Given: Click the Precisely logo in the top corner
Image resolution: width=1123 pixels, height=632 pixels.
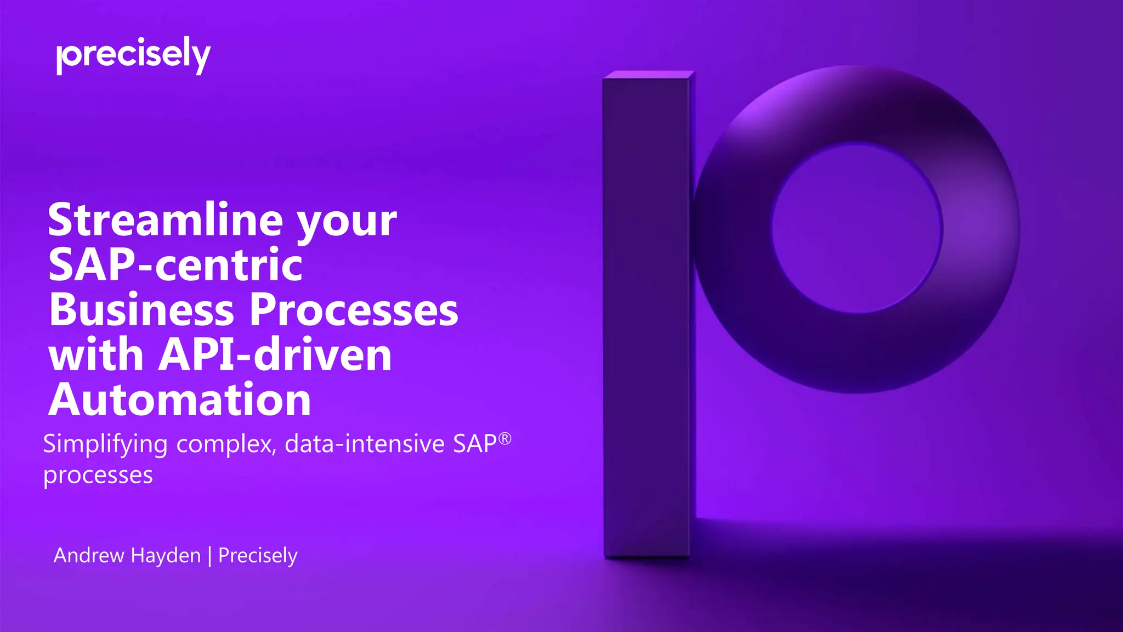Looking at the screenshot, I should pos(133,55).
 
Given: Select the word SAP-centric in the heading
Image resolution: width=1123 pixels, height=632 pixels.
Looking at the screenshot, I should pos(175,264).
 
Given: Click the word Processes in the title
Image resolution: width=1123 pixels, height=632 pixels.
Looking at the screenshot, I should pos(354,309).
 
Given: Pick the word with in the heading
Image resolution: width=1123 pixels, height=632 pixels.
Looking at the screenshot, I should pos(97,354).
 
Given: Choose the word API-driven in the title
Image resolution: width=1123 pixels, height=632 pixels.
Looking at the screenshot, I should pos(275,354).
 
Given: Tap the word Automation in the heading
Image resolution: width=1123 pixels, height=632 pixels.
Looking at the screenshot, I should pos(180,399).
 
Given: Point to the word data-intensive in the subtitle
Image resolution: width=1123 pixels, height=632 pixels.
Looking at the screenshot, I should pos(364,444).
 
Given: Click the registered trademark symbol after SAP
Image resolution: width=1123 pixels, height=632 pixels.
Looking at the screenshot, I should pos(505,438).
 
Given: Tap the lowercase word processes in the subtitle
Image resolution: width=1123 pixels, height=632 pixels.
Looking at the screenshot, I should pos(98,475).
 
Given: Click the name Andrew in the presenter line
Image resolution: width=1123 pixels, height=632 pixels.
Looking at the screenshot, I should pos(89,555).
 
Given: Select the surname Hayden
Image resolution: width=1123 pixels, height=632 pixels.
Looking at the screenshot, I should pos(166,555).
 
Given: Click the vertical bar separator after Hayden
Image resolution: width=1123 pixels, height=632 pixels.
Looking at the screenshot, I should pos(209,556).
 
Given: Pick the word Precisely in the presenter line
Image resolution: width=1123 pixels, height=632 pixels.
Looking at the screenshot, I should pos(258,556).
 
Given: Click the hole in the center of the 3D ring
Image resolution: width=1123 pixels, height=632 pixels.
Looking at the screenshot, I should pos(857,228).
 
